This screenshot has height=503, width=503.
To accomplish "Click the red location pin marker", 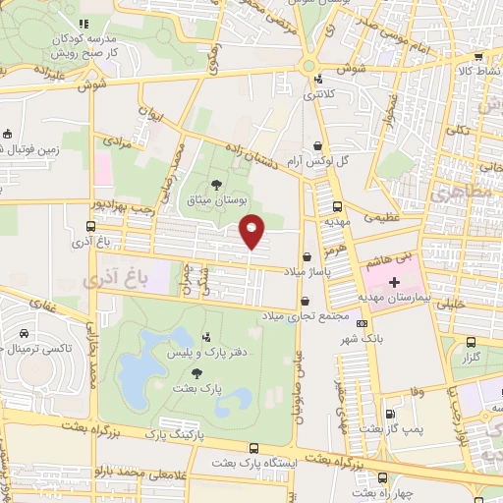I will (x=252, y=232).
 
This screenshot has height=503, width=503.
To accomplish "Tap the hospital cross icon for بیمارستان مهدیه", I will (x=395, y=282).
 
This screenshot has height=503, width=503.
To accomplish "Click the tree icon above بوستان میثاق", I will (x=216, y=184).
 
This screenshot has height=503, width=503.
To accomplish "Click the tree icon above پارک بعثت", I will (x=198, y=372).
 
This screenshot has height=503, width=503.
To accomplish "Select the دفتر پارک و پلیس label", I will (x=196, y=352).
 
